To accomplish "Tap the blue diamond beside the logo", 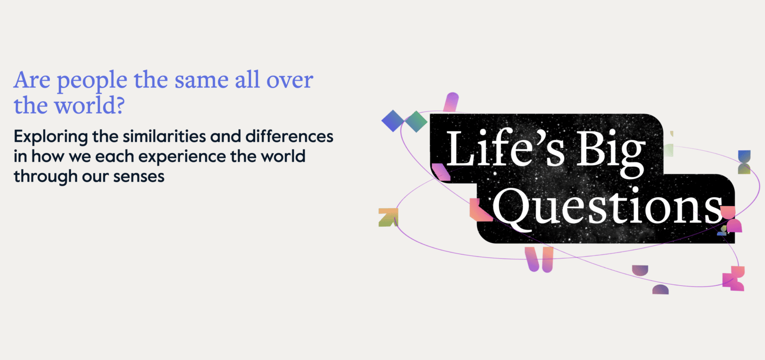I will (392, 121).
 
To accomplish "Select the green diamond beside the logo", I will (415, 121).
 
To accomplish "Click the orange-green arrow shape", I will (388, 218).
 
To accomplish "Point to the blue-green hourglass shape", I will (744, 162).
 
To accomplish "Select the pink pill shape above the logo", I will (451, 102).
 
